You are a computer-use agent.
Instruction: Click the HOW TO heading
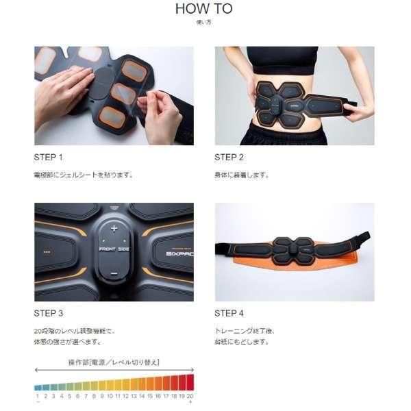click(203, 9)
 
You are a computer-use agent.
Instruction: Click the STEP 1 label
click(48, 158)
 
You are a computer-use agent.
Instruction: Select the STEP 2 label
click(229, 158)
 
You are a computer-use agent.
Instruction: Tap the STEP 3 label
click(48, 313)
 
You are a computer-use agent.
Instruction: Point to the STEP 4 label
click(229, 313)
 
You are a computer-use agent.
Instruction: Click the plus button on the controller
click(114, 228)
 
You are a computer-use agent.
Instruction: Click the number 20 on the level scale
click(190, 396)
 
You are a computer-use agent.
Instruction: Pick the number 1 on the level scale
click(38, 396)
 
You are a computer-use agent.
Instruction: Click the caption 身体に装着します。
click(242, 175)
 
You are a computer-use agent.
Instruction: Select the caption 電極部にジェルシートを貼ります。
click(83, 175)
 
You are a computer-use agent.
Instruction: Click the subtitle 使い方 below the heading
click(203, 23)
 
